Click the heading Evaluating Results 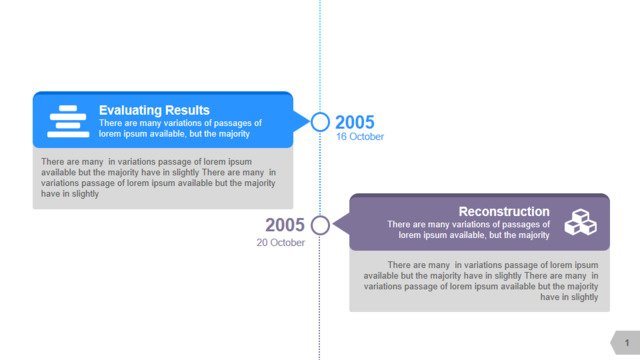(154, 110)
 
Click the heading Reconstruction (504, 211)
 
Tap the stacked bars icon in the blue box (68, 121)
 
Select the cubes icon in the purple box (580, 222)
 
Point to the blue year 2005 (355, 122)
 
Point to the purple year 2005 (285, 225)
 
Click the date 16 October (360, 137)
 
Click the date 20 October (281, 242)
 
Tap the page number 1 (627, 343)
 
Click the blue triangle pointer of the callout (301, 122)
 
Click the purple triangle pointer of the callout (341, 224)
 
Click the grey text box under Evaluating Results (163, 178)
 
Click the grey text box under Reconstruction (480, 281)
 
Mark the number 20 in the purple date (262, 242)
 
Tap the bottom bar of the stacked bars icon (68, 134)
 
